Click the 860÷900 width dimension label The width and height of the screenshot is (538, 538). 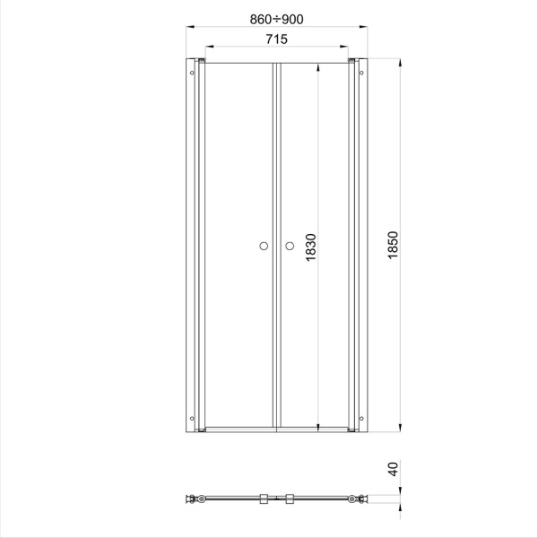276,20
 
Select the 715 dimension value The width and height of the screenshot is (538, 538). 276,39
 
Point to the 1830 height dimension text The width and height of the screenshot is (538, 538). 311,247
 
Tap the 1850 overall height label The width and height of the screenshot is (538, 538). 393,245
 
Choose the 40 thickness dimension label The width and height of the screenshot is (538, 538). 393,469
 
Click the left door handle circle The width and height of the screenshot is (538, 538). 264,246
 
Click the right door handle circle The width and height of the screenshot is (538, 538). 290,246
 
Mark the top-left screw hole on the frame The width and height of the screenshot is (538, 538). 192,73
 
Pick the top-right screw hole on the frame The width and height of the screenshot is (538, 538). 361,73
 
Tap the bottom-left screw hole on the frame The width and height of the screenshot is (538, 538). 192,418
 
